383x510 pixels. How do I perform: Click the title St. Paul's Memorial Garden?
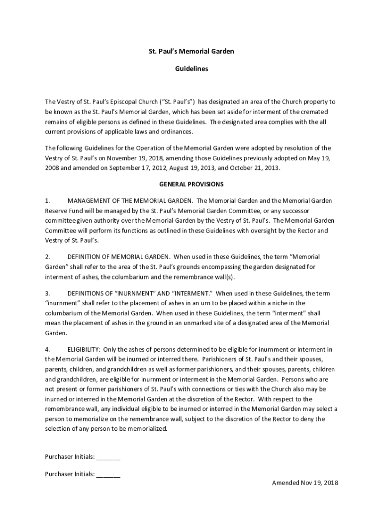coord(191,51)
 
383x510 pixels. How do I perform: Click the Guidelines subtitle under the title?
coord(191,69)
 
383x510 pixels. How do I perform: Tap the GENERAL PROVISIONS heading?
coord(191,184)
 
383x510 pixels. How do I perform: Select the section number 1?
coord(47,201)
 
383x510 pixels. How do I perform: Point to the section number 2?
coord(47,257)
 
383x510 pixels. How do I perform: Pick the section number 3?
coord(47,293)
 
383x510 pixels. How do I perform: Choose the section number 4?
coord(47,349)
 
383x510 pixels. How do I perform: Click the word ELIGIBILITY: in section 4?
coord(84,349)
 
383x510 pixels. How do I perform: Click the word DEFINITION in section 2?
coord(86,257)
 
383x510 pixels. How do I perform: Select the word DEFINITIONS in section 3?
coord(87,293)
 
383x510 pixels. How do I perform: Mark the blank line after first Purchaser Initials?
coord(108,457)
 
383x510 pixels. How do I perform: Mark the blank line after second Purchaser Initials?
coord(108,475)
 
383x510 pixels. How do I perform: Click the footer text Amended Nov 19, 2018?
coord(305,483)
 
